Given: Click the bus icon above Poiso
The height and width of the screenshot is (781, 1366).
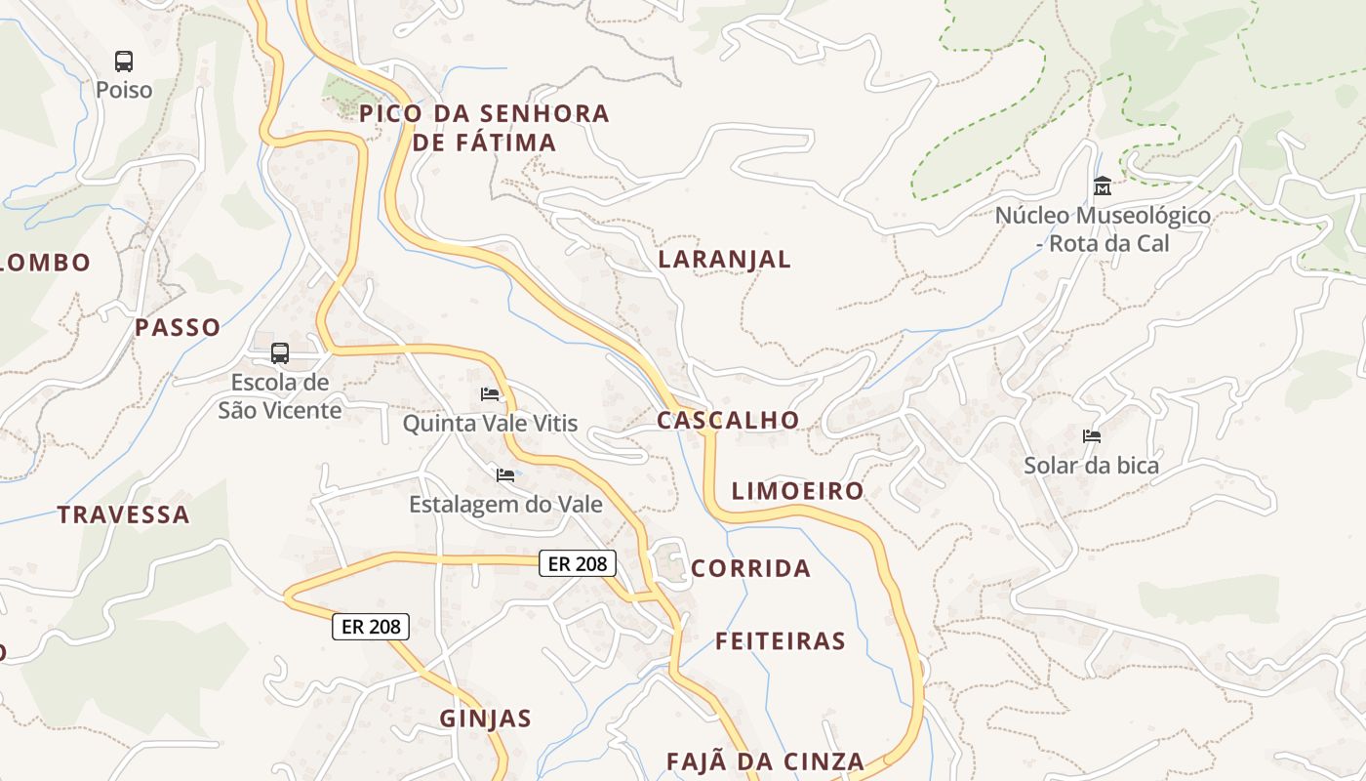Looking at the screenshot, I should [x=124, y=62].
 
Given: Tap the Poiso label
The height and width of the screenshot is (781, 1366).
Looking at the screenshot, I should [x=124, y=90].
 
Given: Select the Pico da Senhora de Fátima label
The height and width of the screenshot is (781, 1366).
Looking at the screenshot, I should [x=484, y=128].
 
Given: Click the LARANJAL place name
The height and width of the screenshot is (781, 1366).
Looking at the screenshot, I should [x=724, y=259].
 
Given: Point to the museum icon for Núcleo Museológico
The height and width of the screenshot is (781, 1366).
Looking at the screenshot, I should [x=1103, y=185].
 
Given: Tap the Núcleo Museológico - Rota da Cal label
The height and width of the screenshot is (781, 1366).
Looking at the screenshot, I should [x=1103, y=228].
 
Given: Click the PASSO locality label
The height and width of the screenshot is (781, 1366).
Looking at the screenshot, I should [x=178, y=328].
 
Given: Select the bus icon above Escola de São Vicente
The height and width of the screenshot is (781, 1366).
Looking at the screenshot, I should [x=280, y=353].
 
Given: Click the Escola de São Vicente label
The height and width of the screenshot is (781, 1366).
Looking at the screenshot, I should [x=280, y=395].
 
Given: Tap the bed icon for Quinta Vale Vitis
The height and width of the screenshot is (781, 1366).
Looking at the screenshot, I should [x=490, y=394].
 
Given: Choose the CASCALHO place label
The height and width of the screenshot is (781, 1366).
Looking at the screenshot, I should [x=728, y=420].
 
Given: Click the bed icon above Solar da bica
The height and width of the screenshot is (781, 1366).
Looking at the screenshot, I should [x=1092, y=436].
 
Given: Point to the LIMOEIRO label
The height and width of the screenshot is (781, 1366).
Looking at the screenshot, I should [x=798, y=491].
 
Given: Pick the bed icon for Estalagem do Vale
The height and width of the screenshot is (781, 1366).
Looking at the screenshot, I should [x=505, y=475].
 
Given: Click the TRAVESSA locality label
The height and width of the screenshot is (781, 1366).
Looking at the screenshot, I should [x=123, y=514].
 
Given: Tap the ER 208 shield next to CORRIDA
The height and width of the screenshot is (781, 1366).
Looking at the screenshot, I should [x=578, y=563].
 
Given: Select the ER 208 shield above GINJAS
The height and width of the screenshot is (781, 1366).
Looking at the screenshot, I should [x=371, y=627].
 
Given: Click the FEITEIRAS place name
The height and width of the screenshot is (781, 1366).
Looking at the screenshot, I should [x=781, y=641].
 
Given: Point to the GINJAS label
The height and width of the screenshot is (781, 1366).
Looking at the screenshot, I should [x=486, y=719].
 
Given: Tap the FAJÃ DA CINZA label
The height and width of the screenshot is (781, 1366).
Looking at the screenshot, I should [x=765, y=761].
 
